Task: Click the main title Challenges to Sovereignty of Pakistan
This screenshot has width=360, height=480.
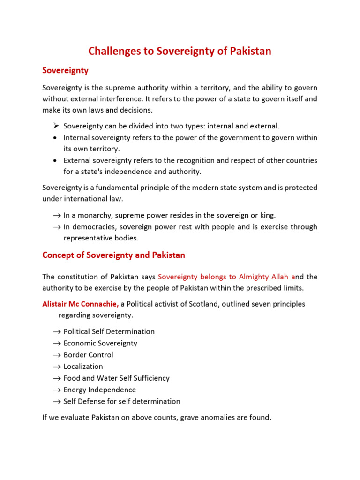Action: pyautogui.click(x=180, y=51)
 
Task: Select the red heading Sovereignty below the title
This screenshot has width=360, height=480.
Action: pyautogui.click(x=65, y=71)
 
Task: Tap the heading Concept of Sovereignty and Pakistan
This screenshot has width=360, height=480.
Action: pyautogui.click(x=113, y=255)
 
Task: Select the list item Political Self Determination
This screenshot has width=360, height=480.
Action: pyautogui.click(x=109, y=332)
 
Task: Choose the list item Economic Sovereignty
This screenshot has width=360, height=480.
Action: pyautogui.click(x=100, y=344)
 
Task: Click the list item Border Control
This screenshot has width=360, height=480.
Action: pyautogui.click(x=88, y=355)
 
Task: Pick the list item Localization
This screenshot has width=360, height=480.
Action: pyautogui.click(x=83, y=367)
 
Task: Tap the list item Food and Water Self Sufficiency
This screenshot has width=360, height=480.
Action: pyautogui.click(x=116, y=378)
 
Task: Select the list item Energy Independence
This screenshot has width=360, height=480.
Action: pyautogui.click(x=99, y=390)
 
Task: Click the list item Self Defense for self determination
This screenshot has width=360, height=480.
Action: pyautogui.click(x=121, y=402)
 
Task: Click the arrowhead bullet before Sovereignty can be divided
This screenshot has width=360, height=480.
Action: pyautogui.click(x=55, y=126)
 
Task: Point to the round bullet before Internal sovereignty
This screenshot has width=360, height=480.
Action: pyautogui.click(x=55, y=138)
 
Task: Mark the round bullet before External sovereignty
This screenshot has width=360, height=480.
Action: pyautogui.click(x=55, y=161)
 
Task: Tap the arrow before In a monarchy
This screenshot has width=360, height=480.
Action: pyautogui.click(x=57, y=216)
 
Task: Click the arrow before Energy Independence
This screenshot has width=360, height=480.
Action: pyautogui.click(x=57, y=390)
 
